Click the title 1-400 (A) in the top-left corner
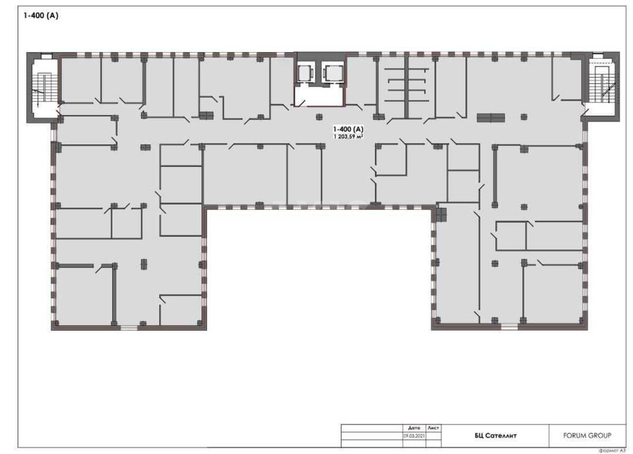(x=40, y=16)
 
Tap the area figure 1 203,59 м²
(x=348, y=136)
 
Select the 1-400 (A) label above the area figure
(x=348, y=129)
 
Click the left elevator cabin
(x=305, y=73)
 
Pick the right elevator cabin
(x=332, y=73)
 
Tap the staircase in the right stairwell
(x=601, y=87)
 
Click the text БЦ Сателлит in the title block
(x=495, y=436)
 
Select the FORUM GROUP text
(x=588, y=436)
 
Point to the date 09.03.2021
(x=414, y=436)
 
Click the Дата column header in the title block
(x=414, y=428)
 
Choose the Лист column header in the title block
(x=433, y=428)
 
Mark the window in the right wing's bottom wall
(x=509, y=327)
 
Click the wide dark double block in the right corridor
(x=491, y=118)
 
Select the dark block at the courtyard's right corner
(x=441, y=214)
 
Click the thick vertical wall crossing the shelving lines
(x=406, y=87)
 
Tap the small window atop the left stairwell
(x=46, y=55)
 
